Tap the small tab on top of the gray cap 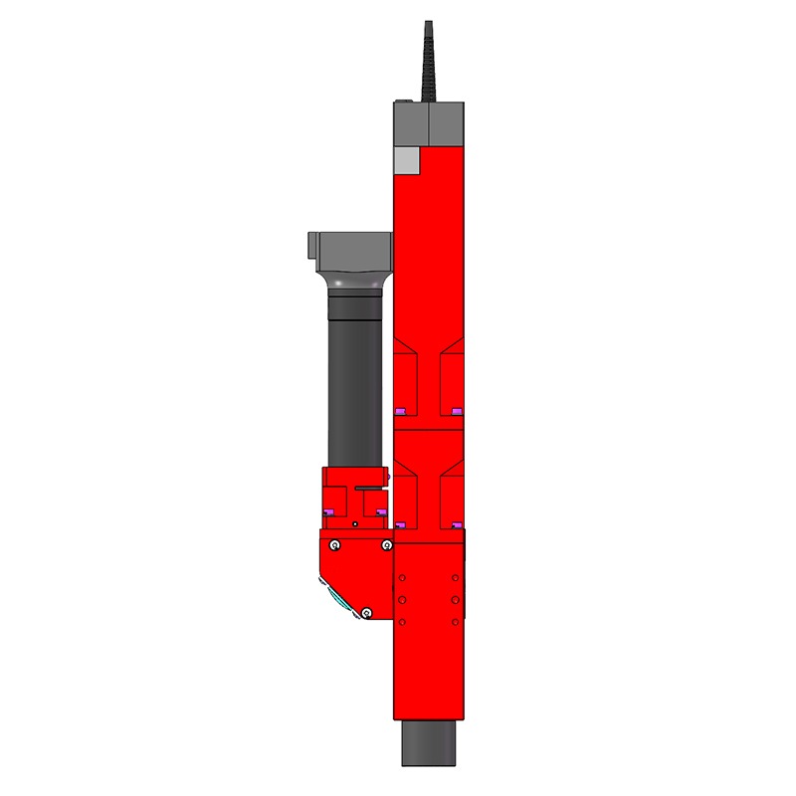pos(403,100)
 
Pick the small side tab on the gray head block pos(311,243)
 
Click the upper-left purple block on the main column pos(402,411)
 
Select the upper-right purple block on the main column pos(457,411)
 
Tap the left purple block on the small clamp pos(330,512)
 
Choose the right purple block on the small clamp pos(379,512)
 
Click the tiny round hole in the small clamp pos(354,521)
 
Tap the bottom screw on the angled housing pos(367,612)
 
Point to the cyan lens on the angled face pos(334,596)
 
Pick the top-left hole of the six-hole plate pos(402,577)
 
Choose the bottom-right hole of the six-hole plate pos(456,622)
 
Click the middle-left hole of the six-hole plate pos(402,600)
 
